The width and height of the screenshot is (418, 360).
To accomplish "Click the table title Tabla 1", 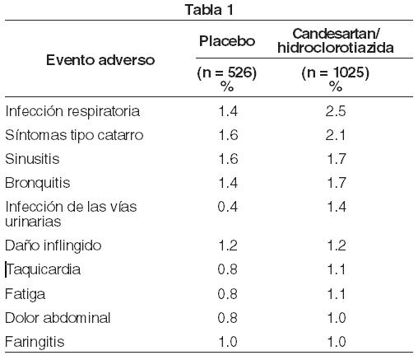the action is coord(209,10).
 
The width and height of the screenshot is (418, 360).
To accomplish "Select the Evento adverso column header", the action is coord(100,60).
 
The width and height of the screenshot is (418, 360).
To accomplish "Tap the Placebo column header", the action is coord(227,41).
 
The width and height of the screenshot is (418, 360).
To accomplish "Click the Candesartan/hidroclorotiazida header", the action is coord(336,40).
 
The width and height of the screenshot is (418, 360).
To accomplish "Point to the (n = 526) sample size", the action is coord(227,72).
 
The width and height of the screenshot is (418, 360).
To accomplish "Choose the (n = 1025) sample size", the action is coord(336,72).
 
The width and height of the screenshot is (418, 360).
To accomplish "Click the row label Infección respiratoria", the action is coord(72,111).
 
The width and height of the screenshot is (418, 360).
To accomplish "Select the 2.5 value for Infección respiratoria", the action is coord(336,111).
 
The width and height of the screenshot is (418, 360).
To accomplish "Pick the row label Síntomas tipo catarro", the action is coord(74,135).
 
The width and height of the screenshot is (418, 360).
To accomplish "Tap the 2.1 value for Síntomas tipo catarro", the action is coord(336,135).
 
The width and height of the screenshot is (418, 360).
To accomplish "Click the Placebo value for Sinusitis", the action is coord(228,159).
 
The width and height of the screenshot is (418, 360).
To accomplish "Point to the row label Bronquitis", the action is coord(38,183).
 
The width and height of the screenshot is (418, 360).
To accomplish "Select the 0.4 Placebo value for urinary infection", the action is coord(228,207).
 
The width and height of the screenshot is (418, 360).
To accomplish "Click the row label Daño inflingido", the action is coord(53,245).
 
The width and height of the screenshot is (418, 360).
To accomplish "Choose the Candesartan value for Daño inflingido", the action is coord(337,245).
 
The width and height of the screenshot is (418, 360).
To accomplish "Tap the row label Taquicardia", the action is coord(44,269).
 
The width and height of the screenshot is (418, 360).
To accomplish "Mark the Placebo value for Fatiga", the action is coord(228,294).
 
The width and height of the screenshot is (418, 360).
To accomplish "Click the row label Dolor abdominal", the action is coord(58,318).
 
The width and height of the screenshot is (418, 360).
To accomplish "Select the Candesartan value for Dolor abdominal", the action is coord(337,318).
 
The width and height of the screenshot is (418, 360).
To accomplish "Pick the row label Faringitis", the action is coord(35,342).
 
